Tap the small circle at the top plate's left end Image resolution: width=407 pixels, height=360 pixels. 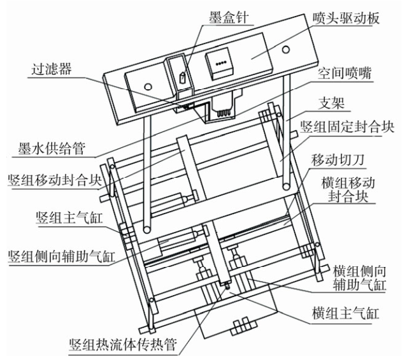pos(147,86)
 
